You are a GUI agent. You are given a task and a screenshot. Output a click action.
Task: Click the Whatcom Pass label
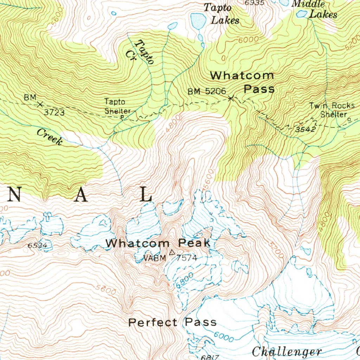click(x=242, y=82)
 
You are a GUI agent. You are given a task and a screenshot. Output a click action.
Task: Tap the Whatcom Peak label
click(x=158, y=243)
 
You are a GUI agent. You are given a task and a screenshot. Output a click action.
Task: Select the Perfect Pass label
click(x=172, y=322)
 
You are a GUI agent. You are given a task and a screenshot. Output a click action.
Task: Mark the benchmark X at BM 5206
click(x=231, y=98)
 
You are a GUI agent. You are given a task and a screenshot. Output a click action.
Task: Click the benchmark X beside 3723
click(x=40, y=104)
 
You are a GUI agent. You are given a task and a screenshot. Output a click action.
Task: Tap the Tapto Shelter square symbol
click(x=122, y=117)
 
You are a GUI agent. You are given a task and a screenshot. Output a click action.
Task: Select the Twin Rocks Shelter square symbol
click(x=349, y=120)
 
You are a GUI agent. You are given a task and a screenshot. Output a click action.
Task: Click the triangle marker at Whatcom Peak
click(x=172, y=252)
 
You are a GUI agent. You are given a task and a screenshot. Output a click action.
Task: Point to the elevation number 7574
click(x=187, y=258)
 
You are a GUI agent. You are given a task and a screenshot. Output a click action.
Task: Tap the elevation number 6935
click(x=254, y=3)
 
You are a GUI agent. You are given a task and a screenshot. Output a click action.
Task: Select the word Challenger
click(x=287, y=351)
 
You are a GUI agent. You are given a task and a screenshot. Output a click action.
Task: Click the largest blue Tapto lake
click(x=198, y=21)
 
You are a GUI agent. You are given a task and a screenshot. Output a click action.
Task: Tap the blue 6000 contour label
click(x=224, y=336)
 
